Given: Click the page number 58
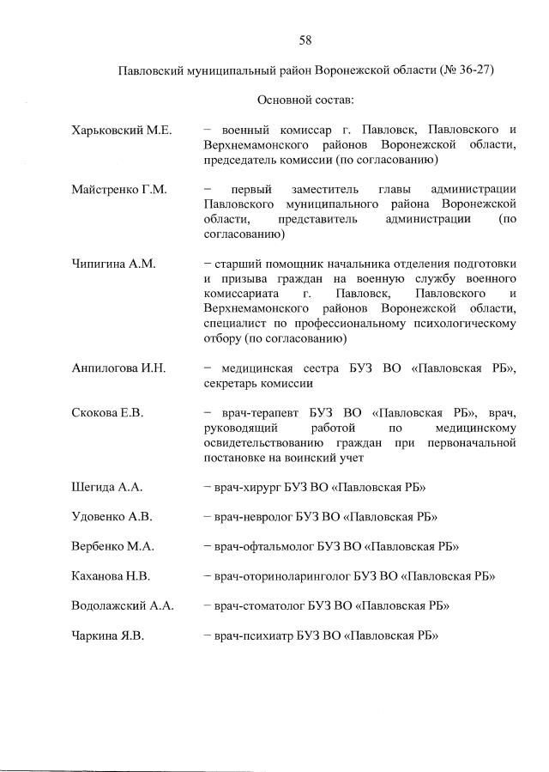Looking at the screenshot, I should point(305,40).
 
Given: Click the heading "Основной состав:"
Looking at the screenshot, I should point(305,100).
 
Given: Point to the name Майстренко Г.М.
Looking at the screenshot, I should point(118,189).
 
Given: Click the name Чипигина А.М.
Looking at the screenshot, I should point(113,264).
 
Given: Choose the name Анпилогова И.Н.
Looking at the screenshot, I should point(118,368).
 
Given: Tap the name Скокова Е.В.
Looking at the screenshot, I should point(107,412).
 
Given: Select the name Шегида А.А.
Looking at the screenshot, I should point(106,487).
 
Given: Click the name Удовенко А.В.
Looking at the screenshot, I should point(112,517).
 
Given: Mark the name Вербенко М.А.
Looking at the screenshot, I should point(112,546).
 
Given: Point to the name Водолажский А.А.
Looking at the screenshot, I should point(123,605).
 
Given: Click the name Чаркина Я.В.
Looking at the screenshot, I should point(108,635).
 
